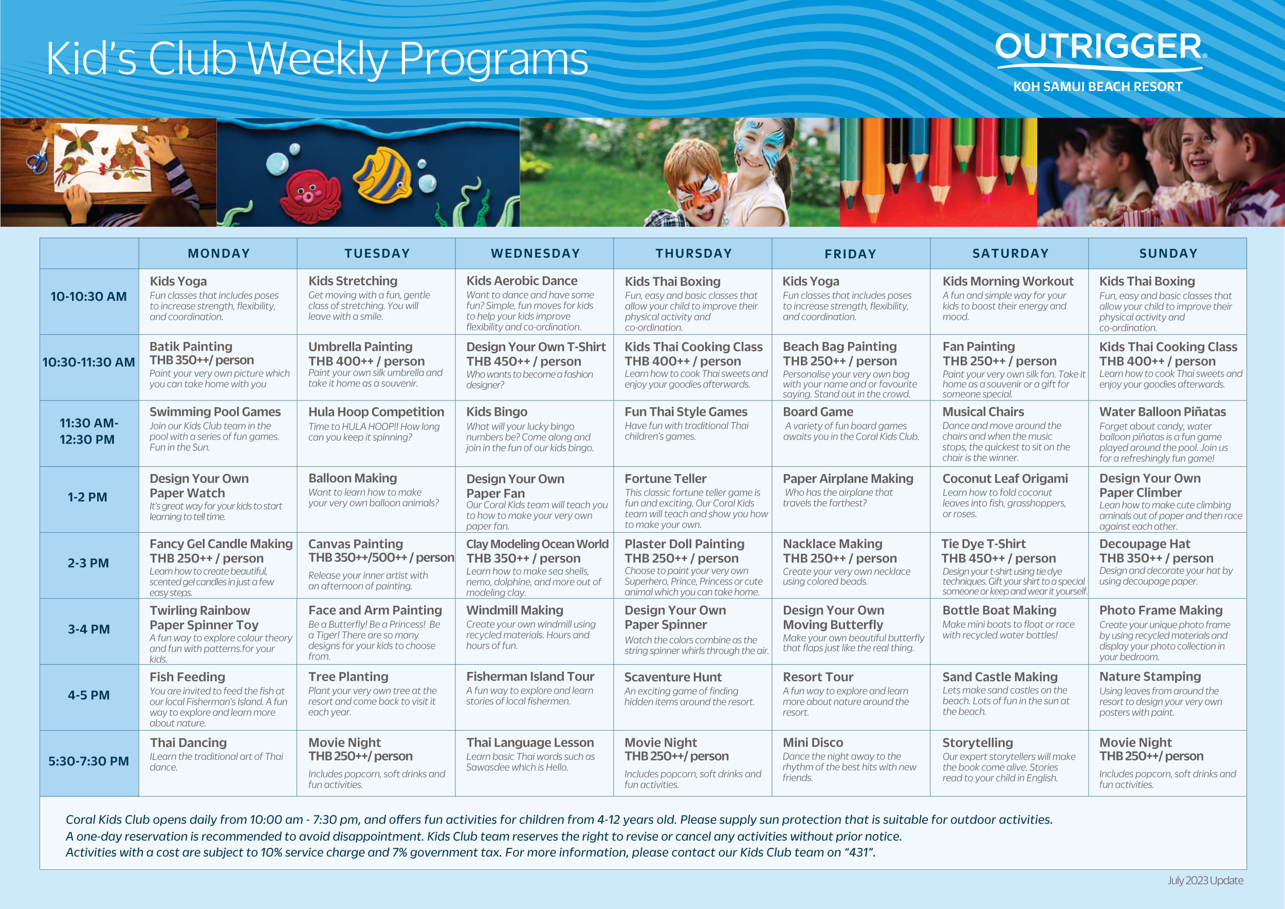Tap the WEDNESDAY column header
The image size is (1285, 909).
pos(535,253)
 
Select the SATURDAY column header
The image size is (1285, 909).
pos(1010,253)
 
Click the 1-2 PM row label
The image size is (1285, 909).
pos(87,497)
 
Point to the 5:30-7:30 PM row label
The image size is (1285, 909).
pos(88,761)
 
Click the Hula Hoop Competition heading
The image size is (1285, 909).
pos(376,412)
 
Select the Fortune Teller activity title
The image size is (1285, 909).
pos(666,479)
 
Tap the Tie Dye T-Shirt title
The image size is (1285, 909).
pos(983,543)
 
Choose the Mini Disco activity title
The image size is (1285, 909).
pos(813,743)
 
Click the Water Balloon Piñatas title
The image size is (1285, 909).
pos(1163,412)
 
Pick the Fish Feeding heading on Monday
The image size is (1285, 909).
pos(187,677)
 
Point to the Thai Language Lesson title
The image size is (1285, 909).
pos(530,743)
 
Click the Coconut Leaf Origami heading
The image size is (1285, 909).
pos(1004,479)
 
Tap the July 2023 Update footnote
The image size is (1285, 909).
pos(1205,880)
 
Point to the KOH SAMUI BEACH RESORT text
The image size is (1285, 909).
pos(1097,87)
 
